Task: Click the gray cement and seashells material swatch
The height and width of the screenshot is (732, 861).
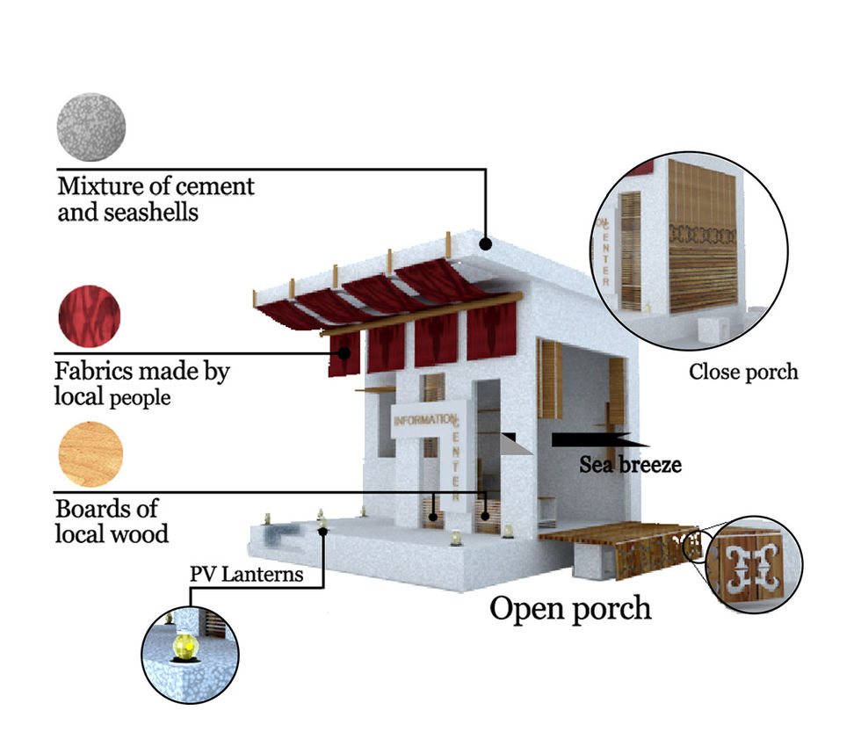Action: (90, 127)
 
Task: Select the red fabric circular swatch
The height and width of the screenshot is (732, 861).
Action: (89, 316)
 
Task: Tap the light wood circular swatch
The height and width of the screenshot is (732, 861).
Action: (90, 454)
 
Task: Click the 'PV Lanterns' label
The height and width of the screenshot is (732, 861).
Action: (246, 576)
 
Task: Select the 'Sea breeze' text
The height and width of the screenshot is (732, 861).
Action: (630, 464)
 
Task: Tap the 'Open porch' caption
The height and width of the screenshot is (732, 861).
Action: (570, 608)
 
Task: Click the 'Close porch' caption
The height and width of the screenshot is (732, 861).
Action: (743, 372)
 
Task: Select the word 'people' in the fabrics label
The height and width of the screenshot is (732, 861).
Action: (140, 398)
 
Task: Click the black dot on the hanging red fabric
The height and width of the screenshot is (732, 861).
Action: (345, 354)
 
